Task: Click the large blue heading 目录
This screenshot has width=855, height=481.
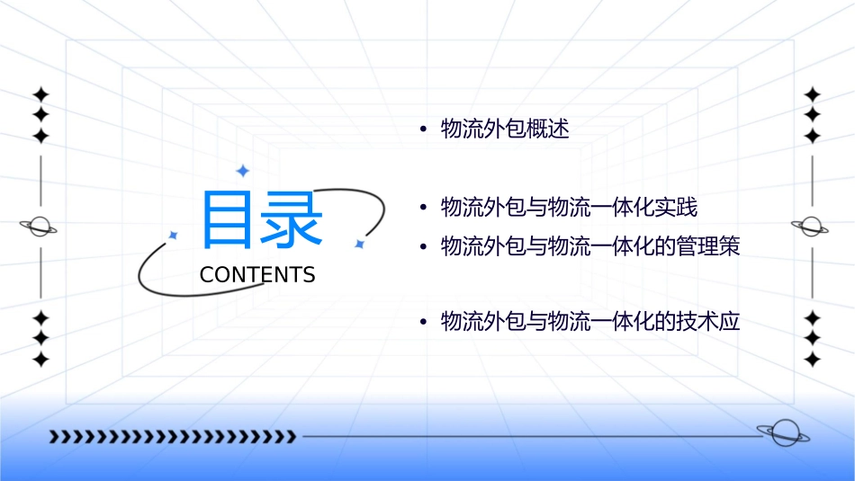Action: click(x=261, y=219)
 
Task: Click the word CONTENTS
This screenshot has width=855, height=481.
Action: click(x=257, y=275)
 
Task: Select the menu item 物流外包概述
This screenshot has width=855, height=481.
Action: click(x=505, y=129)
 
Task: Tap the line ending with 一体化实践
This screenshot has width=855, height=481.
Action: click(x=569, y=208)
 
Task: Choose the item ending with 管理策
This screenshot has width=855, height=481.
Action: click(x=590, y=246)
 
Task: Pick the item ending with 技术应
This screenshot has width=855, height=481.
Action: click(x=590, y=321)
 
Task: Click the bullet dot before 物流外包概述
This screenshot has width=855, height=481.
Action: click(x=423, y=129)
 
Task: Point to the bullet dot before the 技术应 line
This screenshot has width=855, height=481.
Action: click(x=423, y=322)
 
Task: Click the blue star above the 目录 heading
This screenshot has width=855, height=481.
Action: click(x=241, y=171)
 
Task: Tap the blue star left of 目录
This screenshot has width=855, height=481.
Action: click(x=173, y=236)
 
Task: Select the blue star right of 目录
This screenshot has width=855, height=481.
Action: click(x=358, y=244)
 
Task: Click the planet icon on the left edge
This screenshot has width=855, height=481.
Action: click(x=40, y=227)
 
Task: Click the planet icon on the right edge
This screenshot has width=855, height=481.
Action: click(x=812, y=227)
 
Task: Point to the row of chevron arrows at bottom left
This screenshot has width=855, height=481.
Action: click(x=173, y=437)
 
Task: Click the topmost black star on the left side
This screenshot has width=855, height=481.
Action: click(x=40, y=94)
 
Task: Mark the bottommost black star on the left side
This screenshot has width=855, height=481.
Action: click(x=40, y=360)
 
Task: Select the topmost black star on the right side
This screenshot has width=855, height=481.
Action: click(x=813, y=94)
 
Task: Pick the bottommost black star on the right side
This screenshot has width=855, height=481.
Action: click(x=813, y=360)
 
